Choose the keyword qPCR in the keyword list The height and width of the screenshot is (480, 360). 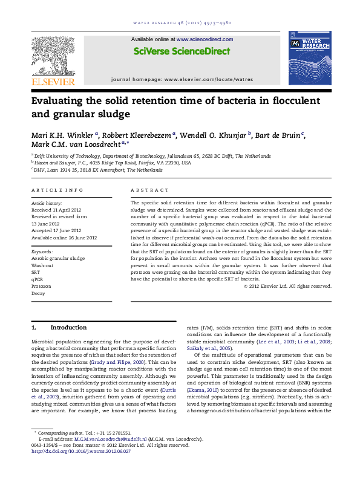click(38, 288)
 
